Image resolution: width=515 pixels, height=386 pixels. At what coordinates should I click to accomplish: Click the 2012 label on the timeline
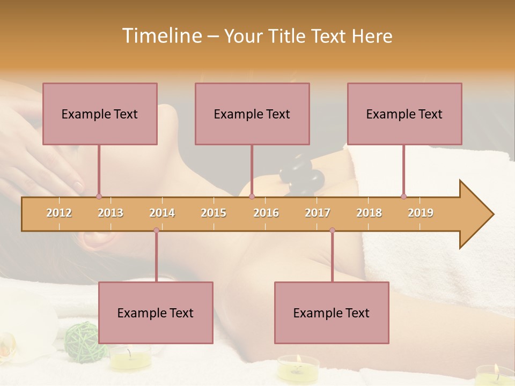(59, 213)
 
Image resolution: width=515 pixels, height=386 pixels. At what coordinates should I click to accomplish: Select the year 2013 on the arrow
(111, 213)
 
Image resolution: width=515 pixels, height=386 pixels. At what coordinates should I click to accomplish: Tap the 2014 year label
(162, 213)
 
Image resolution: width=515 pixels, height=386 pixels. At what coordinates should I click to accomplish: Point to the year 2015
(214, 213)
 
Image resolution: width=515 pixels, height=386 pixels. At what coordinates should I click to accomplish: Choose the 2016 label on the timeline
(266, 213)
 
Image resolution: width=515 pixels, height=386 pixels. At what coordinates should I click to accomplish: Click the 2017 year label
(318, 213)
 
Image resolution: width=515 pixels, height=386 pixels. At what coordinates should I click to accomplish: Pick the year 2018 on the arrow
(369, 213)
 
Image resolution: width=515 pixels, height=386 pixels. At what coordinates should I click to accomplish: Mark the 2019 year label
(421, 213)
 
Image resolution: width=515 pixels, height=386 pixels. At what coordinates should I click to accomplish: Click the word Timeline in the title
(160, 36)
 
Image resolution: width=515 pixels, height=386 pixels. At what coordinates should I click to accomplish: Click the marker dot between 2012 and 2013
(99, 197)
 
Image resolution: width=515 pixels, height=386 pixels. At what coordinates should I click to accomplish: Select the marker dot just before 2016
(252, 197)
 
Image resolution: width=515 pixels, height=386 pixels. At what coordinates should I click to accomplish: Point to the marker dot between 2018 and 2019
(404, 197)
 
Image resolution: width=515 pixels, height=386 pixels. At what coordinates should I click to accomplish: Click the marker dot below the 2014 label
(156, 231)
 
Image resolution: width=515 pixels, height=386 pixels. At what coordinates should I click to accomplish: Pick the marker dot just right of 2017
(332, 231)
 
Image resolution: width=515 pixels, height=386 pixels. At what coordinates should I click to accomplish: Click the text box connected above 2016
(252, 114)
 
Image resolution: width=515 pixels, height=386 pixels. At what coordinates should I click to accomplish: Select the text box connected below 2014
(156, 313)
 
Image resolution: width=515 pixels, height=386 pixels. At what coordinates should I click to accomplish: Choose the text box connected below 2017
(332, 313)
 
